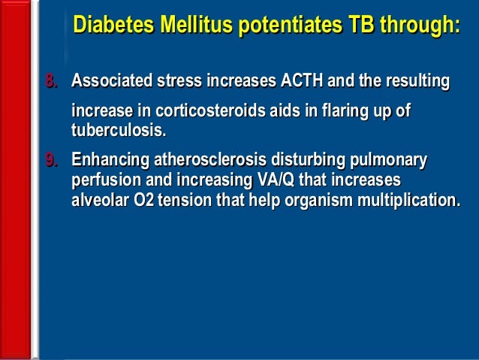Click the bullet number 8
[x=52, y=80]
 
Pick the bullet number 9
[x=52, y=160]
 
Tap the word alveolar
[x=98, y=201]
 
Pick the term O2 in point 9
[x=145, y=201]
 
